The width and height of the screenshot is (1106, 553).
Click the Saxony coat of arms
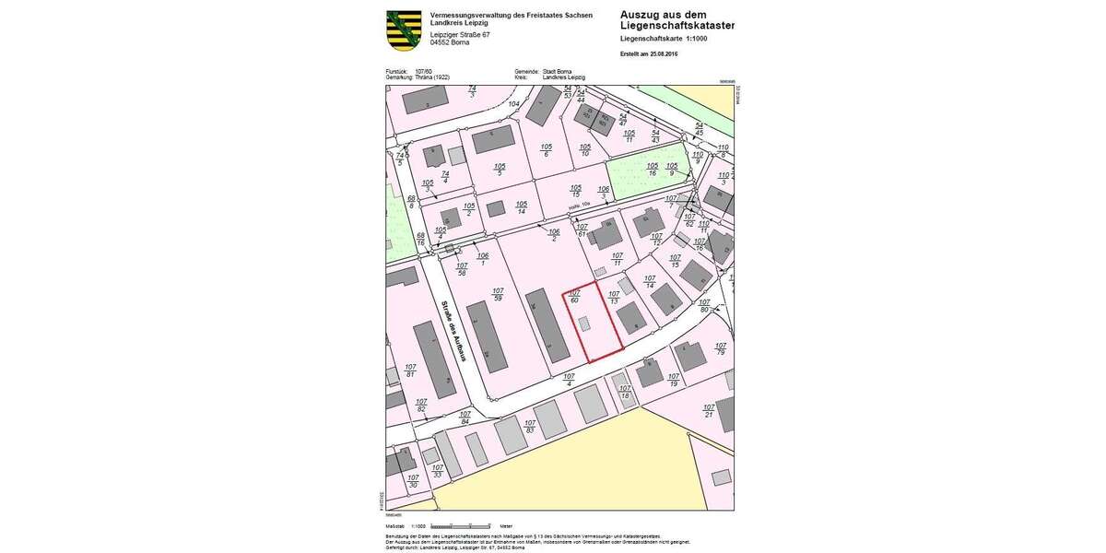point(404,29)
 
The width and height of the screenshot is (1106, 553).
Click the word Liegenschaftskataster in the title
point(677,26)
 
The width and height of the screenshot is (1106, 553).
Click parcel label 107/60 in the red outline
point(574,297)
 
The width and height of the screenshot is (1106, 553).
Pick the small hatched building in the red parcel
point(584,324)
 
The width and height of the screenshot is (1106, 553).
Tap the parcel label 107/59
point(498,294)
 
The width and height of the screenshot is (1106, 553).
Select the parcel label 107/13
point(614,297)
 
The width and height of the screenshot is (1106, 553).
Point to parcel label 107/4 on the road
point(569,379)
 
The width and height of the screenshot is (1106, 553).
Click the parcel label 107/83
point(530,428)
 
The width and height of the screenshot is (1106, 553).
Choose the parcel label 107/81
point(411,370)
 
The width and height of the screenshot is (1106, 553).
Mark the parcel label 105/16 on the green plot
point(653,169)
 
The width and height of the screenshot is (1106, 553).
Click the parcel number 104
point(514,104)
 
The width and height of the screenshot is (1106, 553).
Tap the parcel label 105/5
point(500,169)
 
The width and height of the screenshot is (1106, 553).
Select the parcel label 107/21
point(709,410)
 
